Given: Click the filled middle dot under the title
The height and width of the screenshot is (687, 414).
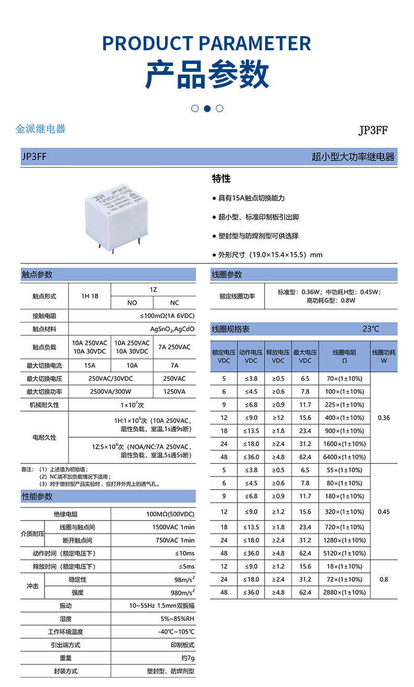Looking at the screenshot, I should [207, 108].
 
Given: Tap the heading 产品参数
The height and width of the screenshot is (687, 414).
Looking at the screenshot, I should [207, 74].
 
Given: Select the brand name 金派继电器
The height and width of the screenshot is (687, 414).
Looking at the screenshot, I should [41, 129].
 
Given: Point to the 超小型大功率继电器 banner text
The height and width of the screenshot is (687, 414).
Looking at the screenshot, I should [353, 157].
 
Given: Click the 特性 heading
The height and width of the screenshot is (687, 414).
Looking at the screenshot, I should [221, 179].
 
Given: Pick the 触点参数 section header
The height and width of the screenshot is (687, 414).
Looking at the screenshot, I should [37, 275].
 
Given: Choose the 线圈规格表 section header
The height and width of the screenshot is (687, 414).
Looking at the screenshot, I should [231, 329].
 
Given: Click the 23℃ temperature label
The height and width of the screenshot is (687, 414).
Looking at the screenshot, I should [371, 329].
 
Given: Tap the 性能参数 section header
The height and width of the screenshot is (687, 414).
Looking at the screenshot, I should [37, 496].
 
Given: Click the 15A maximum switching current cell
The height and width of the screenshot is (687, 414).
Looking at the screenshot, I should [90, 365].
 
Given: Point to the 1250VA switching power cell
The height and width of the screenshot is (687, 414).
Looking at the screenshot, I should [174, 392].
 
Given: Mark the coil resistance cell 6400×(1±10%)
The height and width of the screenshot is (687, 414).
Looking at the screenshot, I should [344, 457].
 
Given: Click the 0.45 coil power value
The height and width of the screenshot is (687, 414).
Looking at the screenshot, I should [384, 512].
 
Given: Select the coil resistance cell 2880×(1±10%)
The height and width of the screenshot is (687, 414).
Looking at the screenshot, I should [344, 592].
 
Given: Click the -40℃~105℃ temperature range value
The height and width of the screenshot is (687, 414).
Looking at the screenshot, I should [176, 632].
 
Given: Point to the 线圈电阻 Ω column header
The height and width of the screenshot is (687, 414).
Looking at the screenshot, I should [344, 357].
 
